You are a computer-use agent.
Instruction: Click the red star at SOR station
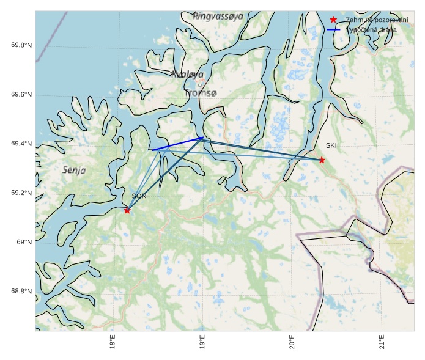click(127, 210)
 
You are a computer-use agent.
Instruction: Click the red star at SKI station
click(322, 160)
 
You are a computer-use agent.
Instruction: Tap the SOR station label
click(139, 196)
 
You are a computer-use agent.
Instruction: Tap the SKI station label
click(331, 145)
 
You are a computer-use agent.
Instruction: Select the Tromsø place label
click(200, 94)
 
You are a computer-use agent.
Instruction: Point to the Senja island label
click(74, 170)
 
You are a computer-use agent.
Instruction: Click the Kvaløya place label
click(188, 75)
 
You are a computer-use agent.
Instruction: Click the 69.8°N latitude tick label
click(21, 45)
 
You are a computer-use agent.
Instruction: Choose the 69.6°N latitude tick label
click(21, 95)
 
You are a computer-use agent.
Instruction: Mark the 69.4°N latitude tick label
click(21, 144)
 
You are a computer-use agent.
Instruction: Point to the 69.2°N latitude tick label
click(21, 193)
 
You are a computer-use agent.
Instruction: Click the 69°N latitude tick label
click(24, 242)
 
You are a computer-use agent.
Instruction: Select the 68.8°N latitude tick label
click(21, 292)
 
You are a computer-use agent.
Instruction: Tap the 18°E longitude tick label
click(113, 342)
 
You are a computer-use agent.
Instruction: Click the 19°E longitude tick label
click(202, 342)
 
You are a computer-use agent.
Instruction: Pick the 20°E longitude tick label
click(292, 342)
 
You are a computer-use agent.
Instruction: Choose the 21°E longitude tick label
click(382, 342)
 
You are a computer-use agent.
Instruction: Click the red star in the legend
click(333, 20)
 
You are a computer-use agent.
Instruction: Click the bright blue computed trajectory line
click(177, 144)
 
